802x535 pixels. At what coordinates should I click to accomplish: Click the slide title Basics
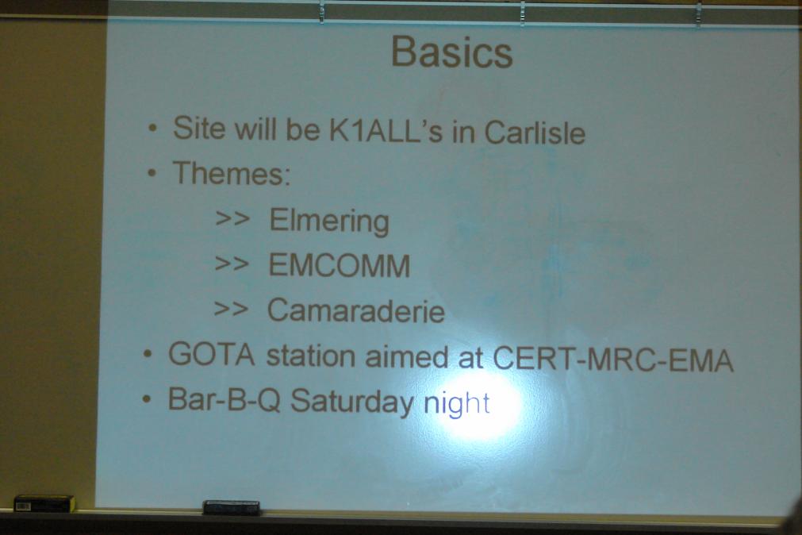(x=451, y=52)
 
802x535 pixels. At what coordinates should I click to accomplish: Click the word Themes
(x=231, y=173)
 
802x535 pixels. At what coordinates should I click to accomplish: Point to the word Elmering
(x=329, y=221)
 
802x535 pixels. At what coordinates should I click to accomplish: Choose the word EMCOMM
(x=339, y=265)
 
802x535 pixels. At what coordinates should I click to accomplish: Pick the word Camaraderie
(x=356, y=310)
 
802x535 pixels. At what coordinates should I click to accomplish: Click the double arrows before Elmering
(x=232, y=218)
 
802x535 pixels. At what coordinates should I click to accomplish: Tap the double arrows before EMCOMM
(x=232, y=264)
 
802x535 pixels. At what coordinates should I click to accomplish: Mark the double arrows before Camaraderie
(x=231, y=308)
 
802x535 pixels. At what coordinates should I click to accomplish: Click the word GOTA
(x=212, y=354)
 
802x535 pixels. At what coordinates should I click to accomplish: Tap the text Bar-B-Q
(x=224, y=399)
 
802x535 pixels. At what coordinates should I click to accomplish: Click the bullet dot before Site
(x=152, y=128)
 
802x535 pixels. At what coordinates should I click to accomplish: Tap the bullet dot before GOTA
(x=148, y=354)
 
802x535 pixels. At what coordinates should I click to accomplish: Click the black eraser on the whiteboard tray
(x=231, y=507)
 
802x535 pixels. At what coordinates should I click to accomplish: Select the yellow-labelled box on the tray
(x=44, y=504)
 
